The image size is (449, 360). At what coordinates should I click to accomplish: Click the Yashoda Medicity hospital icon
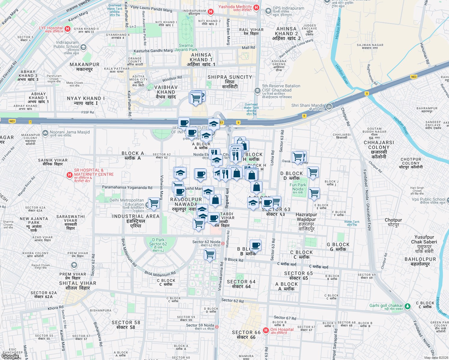pos(256,7)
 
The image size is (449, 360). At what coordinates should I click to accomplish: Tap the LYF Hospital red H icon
pos(68,29)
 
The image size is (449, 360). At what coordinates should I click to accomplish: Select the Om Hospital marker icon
pos(266,330)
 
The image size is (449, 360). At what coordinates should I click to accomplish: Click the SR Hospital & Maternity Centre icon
pos(70,175)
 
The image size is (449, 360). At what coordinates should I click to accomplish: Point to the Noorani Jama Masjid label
pos(70,132)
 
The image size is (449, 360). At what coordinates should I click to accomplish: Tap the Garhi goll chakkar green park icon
pos(407,306)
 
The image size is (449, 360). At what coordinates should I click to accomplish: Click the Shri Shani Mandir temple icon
pos(329,106)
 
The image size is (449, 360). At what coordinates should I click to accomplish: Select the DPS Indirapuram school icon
pos(268,11)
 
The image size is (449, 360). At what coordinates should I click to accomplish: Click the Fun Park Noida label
pos(298,187)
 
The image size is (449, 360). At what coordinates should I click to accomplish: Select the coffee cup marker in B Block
pos(255,245)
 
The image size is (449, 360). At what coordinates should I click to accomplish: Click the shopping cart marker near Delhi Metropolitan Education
pos(154,203)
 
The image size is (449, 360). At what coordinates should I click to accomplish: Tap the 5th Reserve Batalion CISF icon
pos(257,91)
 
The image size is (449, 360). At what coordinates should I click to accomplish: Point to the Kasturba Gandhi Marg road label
pos(153,51)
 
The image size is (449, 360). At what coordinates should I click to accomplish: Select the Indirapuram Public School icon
pos(83,47)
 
